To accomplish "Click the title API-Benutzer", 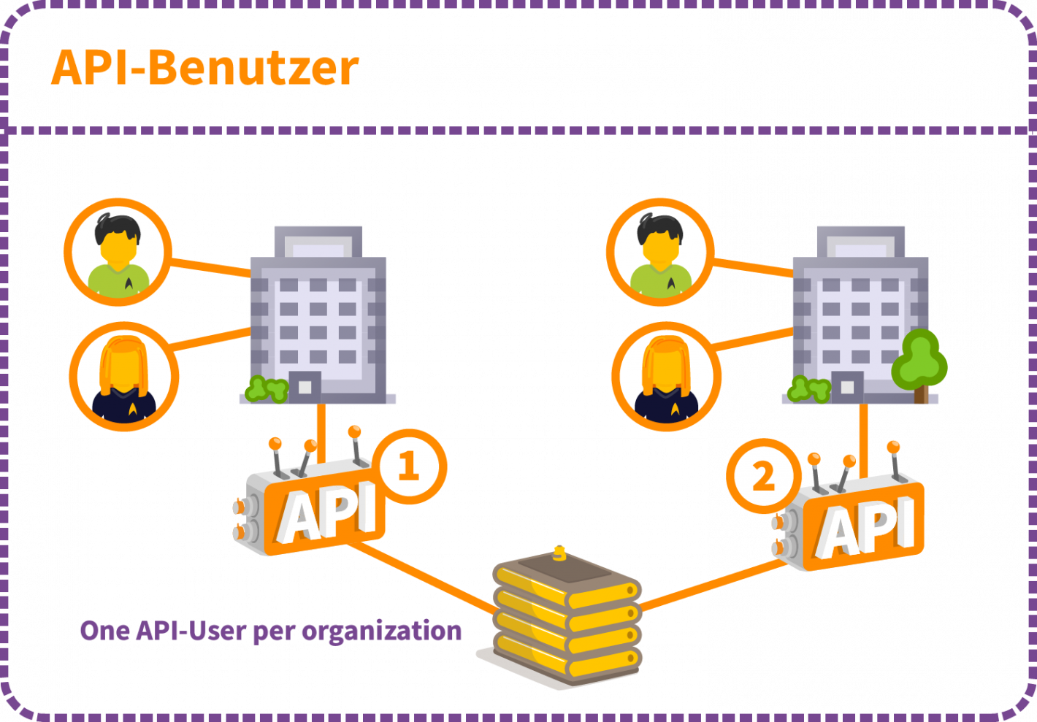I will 205,69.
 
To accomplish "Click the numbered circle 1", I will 408,466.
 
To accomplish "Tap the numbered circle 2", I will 763,477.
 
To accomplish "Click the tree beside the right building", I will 920,361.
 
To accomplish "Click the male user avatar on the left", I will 117,252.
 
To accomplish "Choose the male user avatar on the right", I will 659,252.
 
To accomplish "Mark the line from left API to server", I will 424,577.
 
